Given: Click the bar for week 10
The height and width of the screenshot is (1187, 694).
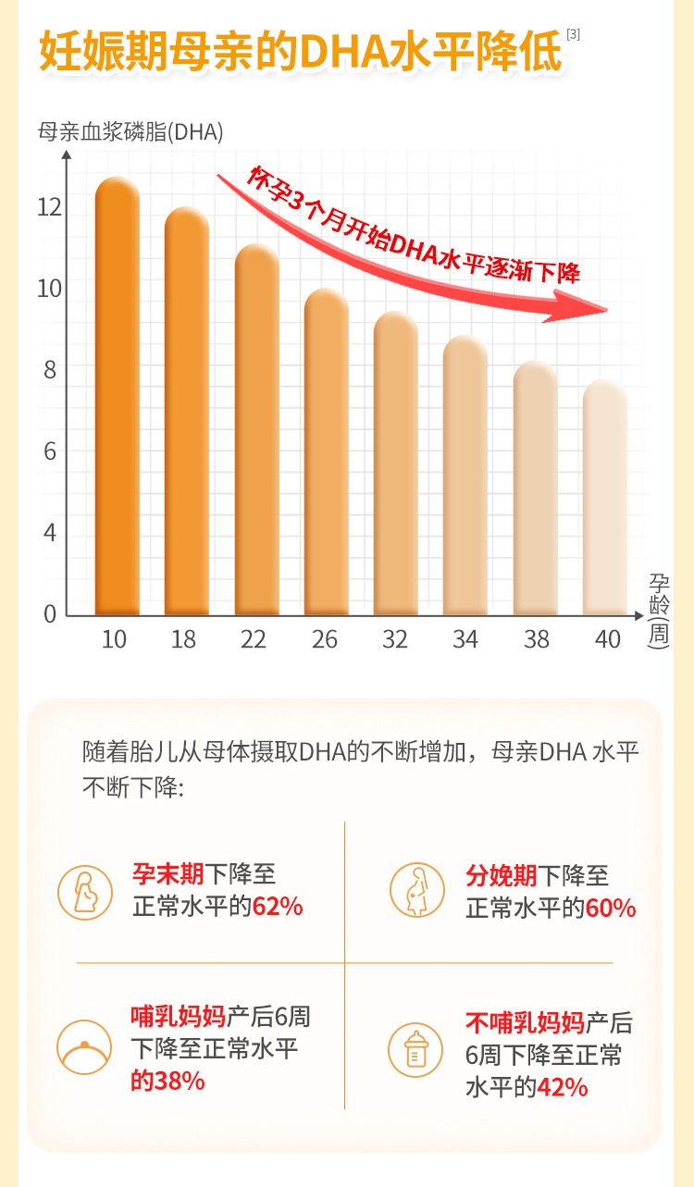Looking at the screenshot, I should (x=117, y=398).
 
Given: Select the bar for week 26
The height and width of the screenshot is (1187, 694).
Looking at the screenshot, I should (x=326, y=453).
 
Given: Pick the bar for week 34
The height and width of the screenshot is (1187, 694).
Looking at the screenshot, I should (x=465, y=476).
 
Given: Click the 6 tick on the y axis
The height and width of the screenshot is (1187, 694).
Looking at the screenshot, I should (x=51, y=451).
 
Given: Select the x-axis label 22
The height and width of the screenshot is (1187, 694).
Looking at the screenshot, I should (x=254, y=639).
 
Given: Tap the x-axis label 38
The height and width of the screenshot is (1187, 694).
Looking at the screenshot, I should (x=536, y=639).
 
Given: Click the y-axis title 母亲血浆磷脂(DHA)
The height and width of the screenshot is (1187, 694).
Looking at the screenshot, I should (x=130, y=132).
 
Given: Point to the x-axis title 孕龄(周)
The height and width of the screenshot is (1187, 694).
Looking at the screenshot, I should (x=659, y=610).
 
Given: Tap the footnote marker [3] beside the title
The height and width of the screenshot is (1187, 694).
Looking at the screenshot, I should (x=574, y=34).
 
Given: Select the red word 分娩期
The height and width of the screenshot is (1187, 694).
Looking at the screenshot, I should (x=502, y=875).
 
